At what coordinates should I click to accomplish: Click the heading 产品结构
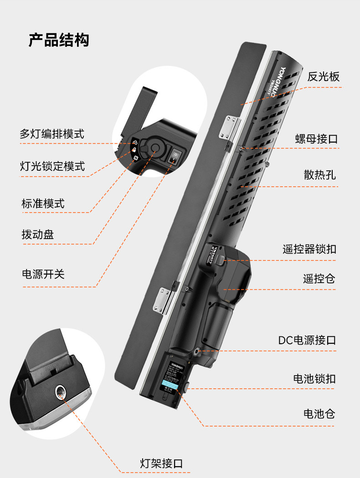(59, 40)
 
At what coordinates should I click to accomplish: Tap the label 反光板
(323, 76)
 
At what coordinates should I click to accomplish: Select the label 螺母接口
(316, 139)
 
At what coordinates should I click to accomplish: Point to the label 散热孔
(320, 174)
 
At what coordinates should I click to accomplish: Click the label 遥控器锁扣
(309, 249)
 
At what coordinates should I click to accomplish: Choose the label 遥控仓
(319, 279)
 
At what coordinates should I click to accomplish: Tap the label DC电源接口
(307, 340)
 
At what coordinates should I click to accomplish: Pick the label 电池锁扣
(314, 378)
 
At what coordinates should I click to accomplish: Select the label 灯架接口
(161, 463)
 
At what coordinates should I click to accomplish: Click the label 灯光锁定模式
(52, 166)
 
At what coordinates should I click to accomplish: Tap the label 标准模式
(43, 203)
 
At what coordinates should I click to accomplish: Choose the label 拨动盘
(38, 234)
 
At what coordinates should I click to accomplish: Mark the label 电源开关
(43, 274)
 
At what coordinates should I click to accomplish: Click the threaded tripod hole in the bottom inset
(61, 390)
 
